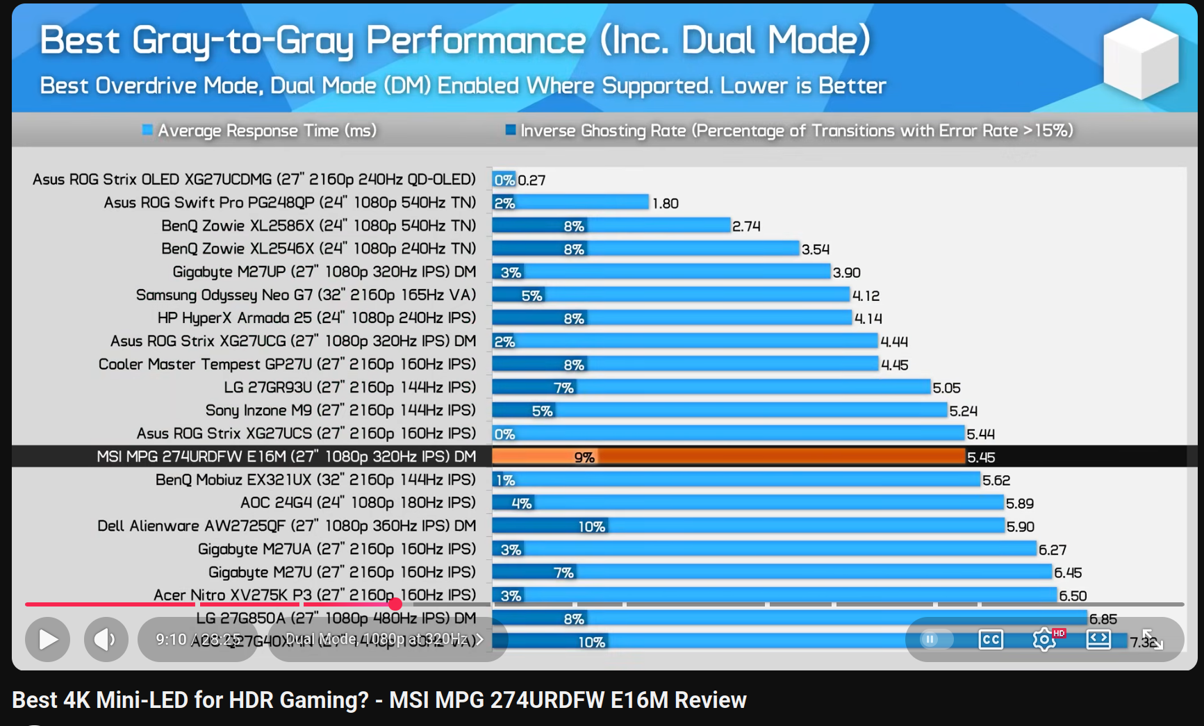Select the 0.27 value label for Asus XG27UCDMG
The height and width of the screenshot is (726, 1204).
click(531, 180)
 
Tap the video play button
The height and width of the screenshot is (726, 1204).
click(48, 639)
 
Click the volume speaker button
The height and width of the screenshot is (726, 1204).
click(106, 639)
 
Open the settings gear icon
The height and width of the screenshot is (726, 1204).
click(1044, 639)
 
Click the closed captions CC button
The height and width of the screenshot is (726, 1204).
click(991, 639)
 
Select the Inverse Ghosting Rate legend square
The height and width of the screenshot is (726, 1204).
click(511, 130)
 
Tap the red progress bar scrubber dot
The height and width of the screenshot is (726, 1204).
click(395, 604)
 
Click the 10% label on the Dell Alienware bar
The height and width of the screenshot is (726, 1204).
click(591, 527)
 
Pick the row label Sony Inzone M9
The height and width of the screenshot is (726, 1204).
click(340, 411)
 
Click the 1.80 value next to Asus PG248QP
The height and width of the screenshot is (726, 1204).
click(665, 204)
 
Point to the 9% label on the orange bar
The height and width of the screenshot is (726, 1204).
click(584, 457)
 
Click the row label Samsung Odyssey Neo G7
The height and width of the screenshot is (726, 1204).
click(306, 295)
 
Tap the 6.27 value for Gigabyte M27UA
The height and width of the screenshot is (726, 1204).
click(1052, 550)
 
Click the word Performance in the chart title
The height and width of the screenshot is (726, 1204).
click(476, 40)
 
